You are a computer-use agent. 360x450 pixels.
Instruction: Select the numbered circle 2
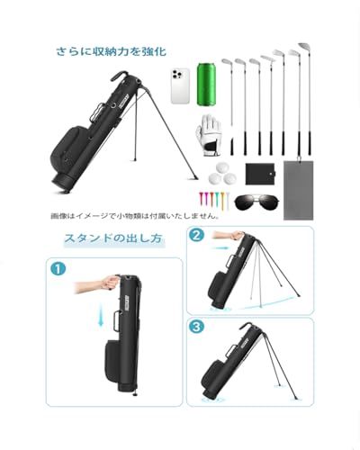pyautogui.click(x=197, y=235)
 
